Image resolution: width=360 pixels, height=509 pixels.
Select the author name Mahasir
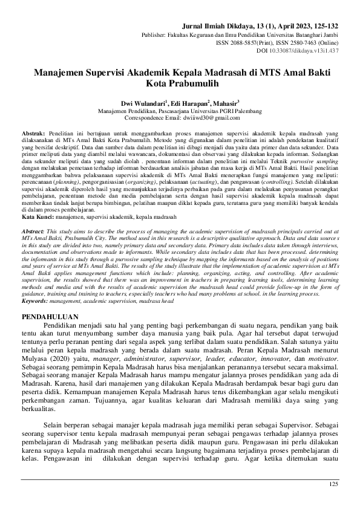click(x=226, y=103)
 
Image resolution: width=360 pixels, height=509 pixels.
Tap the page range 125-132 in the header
click(x=325, y=27)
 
